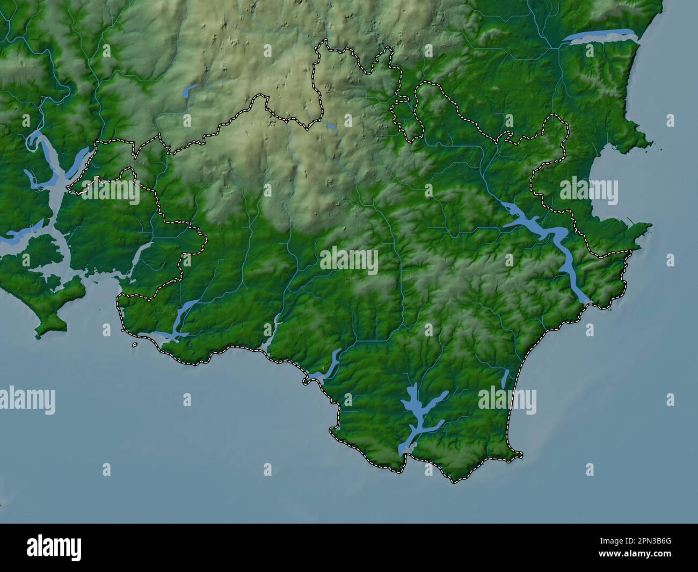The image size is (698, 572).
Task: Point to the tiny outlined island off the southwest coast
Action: tap(134, 345)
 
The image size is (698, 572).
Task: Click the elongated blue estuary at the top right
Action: tap(601, 36)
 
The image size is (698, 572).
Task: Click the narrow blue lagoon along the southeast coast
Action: tap(505, 378)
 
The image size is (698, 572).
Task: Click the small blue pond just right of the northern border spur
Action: tap(330, 127)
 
